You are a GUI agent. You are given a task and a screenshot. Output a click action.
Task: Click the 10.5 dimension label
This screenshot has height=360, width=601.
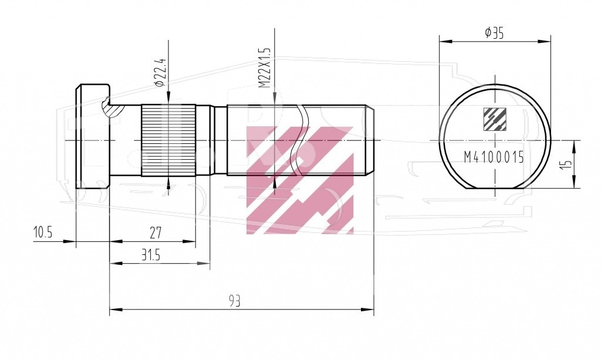coord(42,233)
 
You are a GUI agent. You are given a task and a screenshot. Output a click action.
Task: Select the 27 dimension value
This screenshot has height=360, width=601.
coord(155,233)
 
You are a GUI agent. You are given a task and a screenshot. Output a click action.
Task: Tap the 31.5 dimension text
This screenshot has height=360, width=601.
coord(150,255)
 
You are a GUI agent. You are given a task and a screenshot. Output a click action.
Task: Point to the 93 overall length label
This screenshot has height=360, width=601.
coord(235,301)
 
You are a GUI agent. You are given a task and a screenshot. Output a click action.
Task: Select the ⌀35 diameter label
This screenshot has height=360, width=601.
coord(494,33)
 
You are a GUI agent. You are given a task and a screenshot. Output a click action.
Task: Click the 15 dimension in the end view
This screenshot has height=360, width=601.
coord(568,164)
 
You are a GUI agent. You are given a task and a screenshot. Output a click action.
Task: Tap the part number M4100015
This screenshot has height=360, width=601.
coord(494,157)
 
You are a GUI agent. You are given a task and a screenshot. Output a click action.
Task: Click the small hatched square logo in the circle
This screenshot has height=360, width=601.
coord(494,120)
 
